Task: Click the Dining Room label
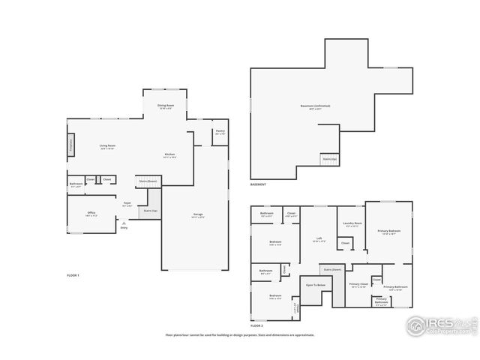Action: (166, 106)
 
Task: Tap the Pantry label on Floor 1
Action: (220, 132)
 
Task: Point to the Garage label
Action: (198, 215)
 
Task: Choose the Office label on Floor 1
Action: (91, 214)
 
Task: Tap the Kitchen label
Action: (170, 156)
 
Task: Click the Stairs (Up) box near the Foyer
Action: (151, 211)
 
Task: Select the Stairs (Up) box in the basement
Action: (329, 160)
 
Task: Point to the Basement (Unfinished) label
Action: (310, 106)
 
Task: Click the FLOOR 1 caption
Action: (73, 276)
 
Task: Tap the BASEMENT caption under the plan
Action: (258, 184)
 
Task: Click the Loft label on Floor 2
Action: (318, 240)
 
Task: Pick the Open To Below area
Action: (315, 286)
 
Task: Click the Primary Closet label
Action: (358, 285)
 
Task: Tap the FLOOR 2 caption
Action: (256, 325)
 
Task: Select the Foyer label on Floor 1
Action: (127, 203)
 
